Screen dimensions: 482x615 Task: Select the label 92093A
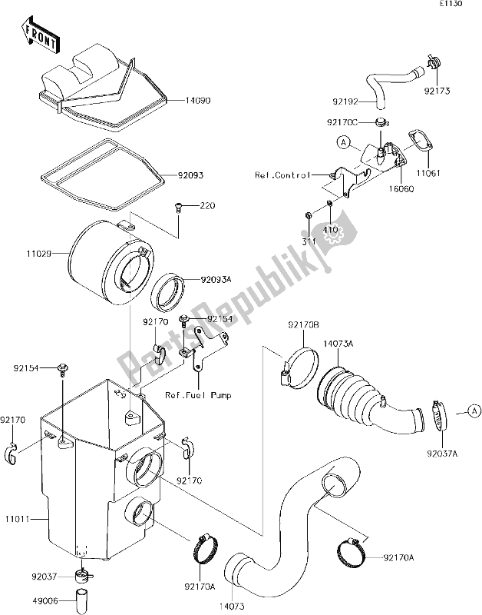tap(216, 280)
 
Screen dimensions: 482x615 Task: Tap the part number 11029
tap(39, 254)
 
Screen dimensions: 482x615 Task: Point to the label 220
tap(207, 205)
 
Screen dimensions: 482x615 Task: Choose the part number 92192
tap(345, 102)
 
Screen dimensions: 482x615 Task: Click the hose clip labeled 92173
tap(434, 61)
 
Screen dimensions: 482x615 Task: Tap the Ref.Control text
tap(282, 175)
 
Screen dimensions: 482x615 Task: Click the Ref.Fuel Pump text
tap(198, 395)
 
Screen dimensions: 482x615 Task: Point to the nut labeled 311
tap(308, 215)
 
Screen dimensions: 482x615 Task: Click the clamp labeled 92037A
tap(438, 415)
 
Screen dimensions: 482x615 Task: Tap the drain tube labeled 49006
tap(83, 600)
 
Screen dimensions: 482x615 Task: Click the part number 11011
tap(17, 520)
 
